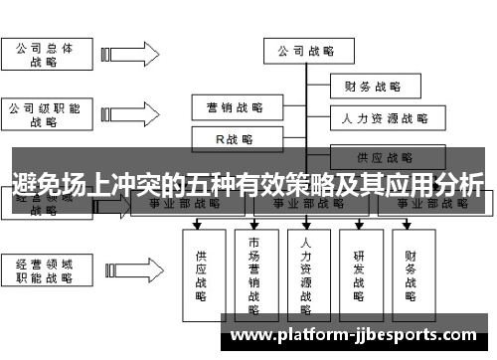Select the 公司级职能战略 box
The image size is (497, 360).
[x=44, y=114]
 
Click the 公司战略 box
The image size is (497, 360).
[x=305, y=51]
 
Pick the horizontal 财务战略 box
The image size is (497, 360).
[x=372, y=86]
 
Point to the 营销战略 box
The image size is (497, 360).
[x=235, y=105]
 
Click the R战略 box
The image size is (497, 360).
[x=235, y=139]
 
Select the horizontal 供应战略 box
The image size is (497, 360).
[x=385, y=156]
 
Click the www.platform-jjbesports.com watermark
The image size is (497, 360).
[x=367, y=334]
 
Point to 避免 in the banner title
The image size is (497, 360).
[x=38, y=183]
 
